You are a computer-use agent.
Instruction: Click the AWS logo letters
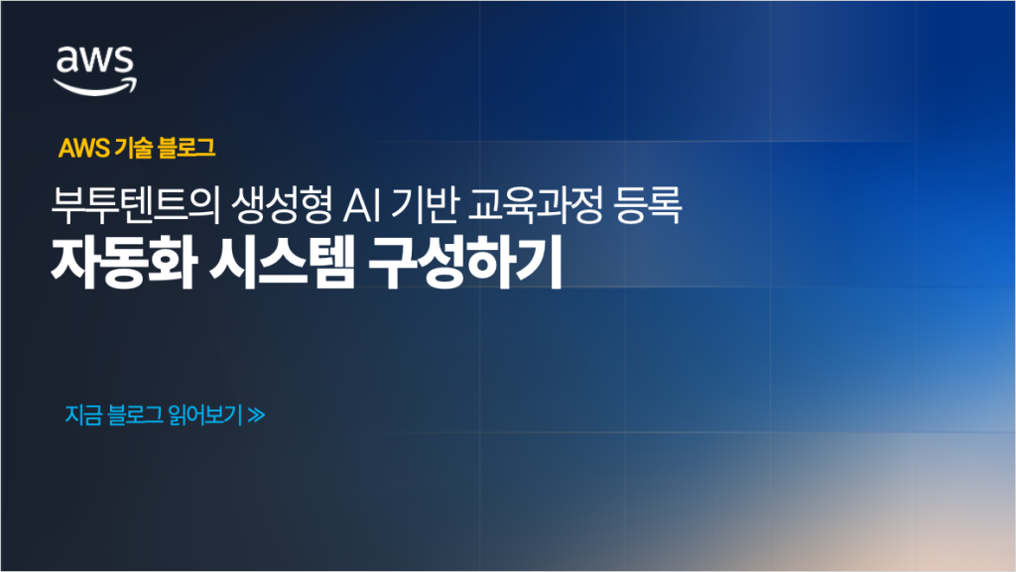coord(95,61)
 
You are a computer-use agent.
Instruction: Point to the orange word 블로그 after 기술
coord(179,149)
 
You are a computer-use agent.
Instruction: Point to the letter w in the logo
coord(95,61)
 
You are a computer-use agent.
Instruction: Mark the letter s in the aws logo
coord(123,61)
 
